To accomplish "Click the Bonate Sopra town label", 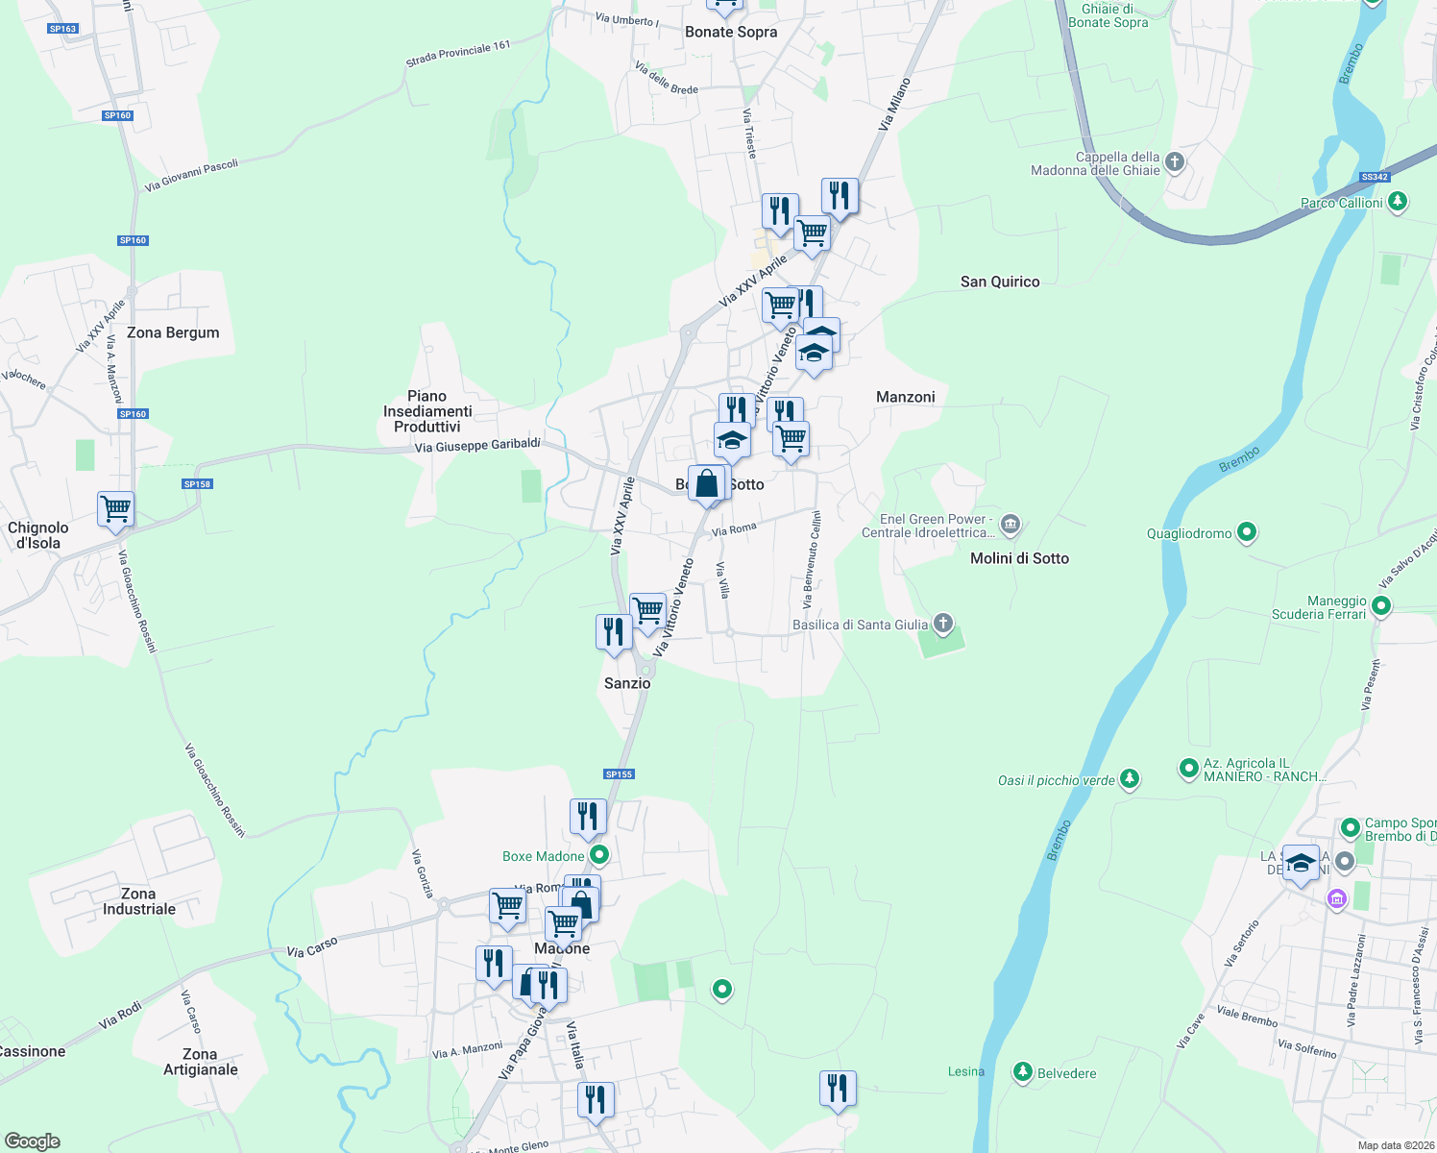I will tap(731, 32).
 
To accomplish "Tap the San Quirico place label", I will tap(1000, 282).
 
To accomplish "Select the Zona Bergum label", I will tap(173, 332).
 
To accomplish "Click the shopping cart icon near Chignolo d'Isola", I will tap(115, 508).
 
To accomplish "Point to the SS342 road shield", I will tap(1376, 177).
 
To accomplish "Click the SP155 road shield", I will tap(620, 773).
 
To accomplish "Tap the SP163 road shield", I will tap(62, 29).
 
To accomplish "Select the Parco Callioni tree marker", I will tap(1398, 202).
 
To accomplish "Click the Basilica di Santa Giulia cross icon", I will tap(943, 624).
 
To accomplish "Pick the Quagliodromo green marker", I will tap(1247, 531).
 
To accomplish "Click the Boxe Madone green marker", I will tap(599, 854).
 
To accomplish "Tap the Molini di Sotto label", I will tap(1019, 558).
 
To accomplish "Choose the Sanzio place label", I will tap(627, 683).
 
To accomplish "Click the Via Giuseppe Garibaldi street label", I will tap(477, 446).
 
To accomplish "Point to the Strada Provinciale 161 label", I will tap(458, 54).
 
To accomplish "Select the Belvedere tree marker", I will tap(1023, 1071).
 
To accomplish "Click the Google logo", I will tap(33, 1141).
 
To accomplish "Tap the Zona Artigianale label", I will tap(200, 1062).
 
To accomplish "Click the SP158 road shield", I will tap(197, 484).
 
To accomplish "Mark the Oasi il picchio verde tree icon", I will tap(1130, 778).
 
